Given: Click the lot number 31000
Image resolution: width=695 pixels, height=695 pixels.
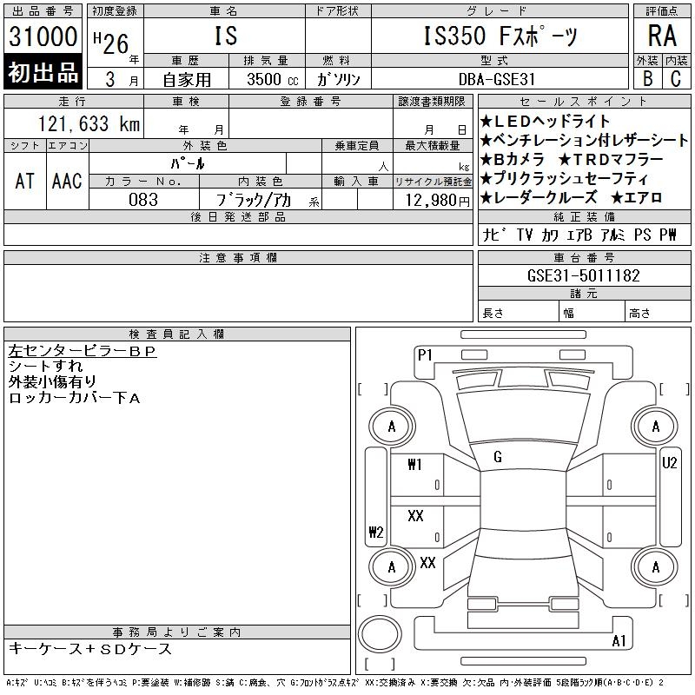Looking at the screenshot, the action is [x=43, y=37].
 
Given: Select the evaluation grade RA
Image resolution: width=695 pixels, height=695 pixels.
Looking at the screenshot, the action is [x=662, y=36].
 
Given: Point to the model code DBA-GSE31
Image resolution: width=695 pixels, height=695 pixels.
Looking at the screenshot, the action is [x=499, y=78].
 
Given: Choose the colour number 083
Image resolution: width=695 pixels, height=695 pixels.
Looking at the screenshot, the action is [x=143, y=200].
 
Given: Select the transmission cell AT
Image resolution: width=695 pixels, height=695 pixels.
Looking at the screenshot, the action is [x=24, y=181].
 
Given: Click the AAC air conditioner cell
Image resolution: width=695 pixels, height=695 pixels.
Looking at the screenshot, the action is [x=67, y=181].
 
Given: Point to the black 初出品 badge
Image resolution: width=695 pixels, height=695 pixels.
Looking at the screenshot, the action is [x=43, y=73].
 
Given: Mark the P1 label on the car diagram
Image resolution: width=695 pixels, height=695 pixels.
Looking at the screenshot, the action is [x=425, y=354].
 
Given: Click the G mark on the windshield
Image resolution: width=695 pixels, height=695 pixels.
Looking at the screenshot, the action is [x=498, y=457].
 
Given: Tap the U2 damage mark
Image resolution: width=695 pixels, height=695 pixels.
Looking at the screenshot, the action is [x=669, y=463].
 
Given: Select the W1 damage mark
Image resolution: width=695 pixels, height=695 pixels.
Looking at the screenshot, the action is [x=414, y=465].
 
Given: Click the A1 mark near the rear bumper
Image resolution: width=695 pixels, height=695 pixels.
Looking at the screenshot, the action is [x=619, y=641].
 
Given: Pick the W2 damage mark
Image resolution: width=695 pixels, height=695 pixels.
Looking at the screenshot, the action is [x=376, y=533].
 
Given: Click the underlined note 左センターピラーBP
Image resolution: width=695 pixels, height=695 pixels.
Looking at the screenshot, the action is [x=82, y=352].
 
